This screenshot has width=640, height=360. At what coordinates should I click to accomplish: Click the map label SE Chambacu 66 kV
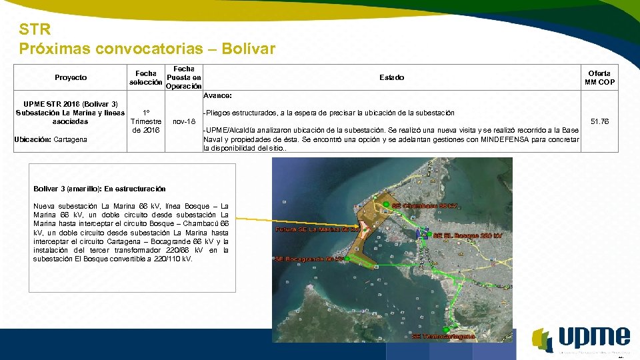[x=425, y=206]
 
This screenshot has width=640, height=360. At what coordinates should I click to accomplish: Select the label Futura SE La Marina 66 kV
[x=318, y=229]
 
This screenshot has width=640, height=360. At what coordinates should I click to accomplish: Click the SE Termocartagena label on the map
[x=443, y=337]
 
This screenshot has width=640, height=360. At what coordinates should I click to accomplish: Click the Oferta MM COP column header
[x=599, y=77]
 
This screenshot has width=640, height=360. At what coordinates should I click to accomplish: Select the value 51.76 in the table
[x=599, y=121]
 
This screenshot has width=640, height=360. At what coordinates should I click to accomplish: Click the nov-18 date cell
[x=183, y=121]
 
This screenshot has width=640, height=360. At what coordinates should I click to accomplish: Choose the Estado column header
[x=391, y=77]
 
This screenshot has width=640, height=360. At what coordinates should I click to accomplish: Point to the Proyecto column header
[x=71, y=77]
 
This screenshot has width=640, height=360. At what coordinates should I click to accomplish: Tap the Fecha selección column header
[x=145, y=77]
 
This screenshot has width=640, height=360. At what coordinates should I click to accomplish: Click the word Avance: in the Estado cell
[x=217, y=95]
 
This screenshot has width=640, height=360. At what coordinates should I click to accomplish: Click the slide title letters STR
[x=34, y=30]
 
